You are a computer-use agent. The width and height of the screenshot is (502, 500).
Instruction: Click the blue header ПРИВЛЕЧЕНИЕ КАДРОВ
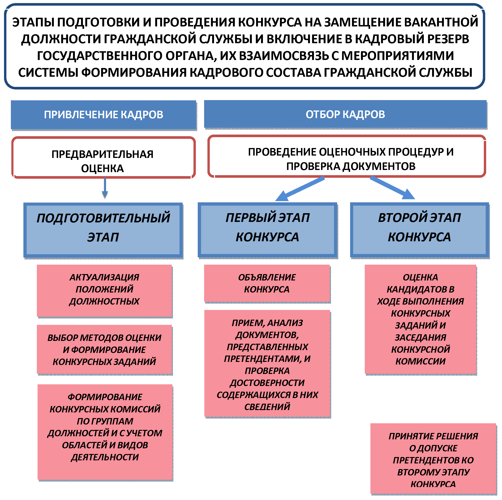[103, 114]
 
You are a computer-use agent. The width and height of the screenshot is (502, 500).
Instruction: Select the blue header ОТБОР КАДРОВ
[345, 114]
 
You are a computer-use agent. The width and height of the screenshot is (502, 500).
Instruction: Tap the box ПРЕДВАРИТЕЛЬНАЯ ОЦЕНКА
[103, 158]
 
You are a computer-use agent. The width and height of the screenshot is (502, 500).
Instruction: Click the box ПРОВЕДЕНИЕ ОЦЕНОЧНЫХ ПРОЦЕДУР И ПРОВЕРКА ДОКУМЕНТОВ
[347, 156]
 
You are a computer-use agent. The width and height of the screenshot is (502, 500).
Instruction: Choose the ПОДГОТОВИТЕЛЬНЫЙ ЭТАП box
[103, 230]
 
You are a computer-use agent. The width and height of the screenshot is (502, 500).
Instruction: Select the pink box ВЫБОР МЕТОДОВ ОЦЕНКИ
[104, 349]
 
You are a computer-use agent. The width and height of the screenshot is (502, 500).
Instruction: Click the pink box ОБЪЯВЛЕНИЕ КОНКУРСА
[267, 283]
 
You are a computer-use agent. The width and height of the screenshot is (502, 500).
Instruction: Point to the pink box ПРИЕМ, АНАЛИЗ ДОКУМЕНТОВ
[267, 364]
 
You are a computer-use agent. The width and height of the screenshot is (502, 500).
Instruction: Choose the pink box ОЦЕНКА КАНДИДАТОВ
[420, 319]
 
